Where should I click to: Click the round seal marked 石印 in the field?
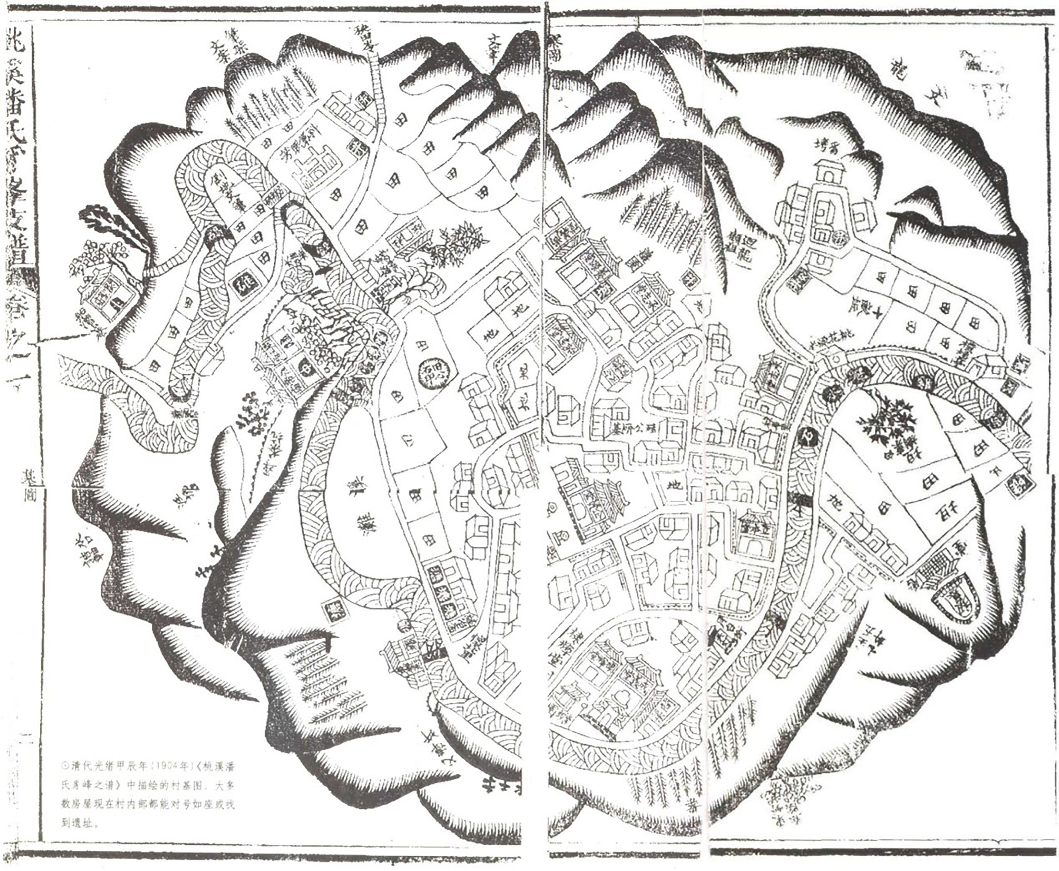(x=431, y=372)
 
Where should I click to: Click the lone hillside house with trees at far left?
(x=106, y=296)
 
